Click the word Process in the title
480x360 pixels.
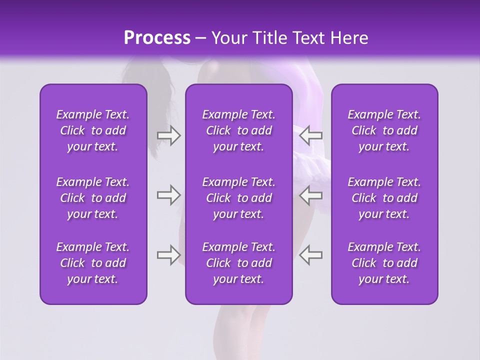156,38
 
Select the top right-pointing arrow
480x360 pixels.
168,135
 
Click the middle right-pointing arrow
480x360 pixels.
168,195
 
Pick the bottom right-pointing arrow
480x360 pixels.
168,255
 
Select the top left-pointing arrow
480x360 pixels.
311,135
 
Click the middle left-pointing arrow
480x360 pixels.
311,195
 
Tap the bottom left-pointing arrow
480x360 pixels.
311,255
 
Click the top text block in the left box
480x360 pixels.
93,130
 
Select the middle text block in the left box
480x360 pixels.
93,198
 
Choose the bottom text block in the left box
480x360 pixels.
93,263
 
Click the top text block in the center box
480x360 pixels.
238,130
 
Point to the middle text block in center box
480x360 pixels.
238,198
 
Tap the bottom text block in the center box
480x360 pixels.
238,263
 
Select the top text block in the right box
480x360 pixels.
384,130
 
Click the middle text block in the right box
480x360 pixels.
384,198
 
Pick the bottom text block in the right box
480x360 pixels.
384,263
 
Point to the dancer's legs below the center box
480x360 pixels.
239,330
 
